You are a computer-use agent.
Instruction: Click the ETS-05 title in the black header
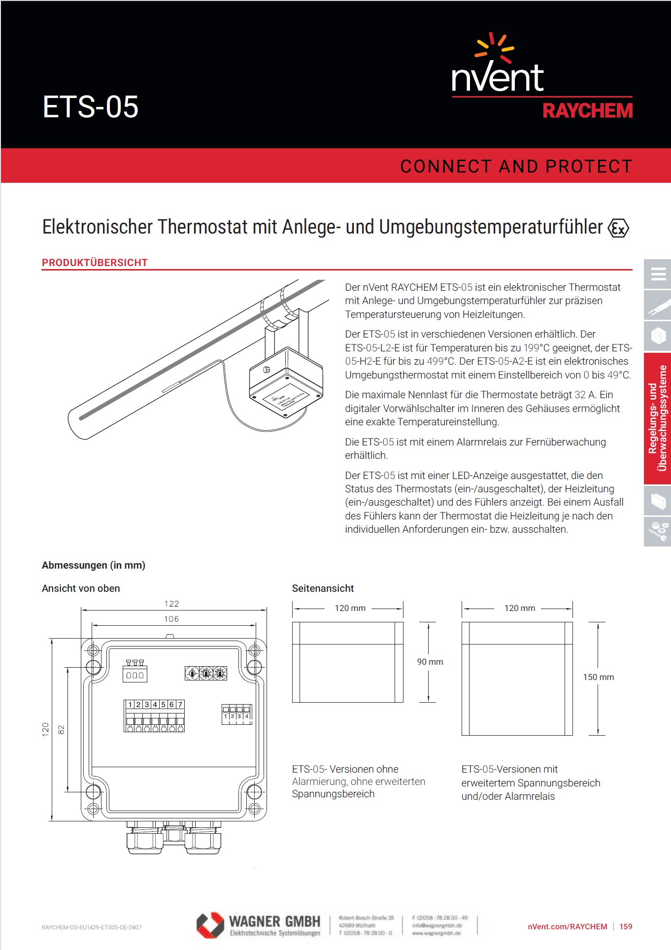[90, 107]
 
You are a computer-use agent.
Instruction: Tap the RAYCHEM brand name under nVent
[587, 111]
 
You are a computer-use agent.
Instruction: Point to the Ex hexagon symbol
[618, 228]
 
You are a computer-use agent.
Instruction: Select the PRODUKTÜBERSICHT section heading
[95, 263]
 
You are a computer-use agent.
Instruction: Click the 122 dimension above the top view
[171, 604]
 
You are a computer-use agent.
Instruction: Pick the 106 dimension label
[171, 619]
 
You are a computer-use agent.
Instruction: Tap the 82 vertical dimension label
[62, 729]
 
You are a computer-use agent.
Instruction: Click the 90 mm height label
[430, 662]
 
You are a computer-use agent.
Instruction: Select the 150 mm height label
[598, 677]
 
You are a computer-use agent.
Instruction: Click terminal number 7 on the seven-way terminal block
[180, 705]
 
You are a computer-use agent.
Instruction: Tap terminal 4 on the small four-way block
[247, 716]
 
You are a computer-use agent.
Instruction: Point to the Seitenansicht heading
[323, 588]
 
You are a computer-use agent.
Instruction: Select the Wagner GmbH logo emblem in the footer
[210, 925]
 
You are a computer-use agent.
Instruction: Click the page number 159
[626, 926]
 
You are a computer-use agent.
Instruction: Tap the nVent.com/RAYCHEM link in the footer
[567, 926]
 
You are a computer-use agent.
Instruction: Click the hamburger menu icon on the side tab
[658, 273]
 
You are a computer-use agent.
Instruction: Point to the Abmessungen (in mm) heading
[94, 565]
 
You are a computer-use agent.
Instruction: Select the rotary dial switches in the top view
[206, 673]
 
